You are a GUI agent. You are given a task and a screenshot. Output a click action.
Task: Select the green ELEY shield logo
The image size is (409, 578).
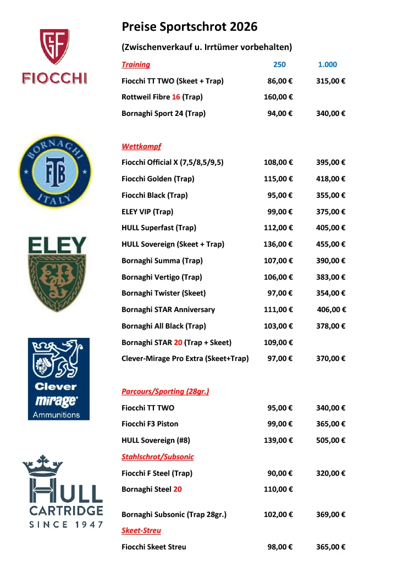[57, 274]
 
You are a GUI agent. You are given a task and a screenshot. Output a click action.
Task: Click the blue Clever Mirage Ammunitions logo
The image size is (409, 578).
[58, 379]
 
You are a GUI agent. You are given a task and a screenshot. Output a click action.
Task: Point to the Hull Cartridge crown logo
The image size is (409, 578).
[63, 491]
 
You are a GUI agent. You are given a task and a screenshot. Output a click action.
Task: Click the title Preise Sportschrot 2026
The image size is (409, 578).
[189, 26]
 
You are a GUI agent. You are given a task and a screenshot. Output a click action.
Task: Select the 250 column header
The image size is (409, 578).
[279, 65]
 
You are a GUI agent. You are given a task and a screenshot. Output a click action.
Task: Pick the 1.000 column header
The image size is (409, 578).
[327, 65]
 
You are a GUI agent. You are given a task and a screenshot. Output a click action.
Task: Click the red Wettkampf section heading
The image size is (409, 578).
[141, 147]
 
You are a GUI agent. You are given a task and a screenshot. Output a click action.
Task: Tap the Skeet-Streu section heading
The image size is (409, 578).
[141, 531]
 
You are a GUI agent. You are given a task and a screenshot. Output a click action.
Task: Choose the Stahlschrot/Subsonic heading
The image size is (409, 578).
[157, 457]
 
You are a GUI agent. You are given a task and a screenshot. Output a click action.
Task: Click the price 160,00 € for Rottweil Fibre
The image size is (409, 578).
[278, 97]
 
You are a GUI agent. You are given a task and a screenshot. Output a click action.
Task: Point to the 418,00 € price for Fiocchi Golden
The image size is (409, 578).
[330, 179]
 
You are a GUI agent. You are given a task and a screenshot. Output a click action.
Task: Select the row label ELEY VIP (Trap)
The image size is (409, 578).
[147, 212]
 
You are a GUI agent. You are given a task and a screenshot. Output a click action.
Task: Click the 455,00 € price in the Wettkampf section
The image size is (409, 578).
[330, 244]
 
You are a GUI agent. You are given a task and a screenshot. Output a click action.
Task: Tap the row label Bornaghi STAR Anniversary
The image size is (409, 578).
[168, 310]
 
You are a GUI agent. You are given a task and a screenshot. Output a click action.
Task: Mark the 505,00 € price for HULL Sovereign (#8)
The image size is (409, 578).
[330, 441]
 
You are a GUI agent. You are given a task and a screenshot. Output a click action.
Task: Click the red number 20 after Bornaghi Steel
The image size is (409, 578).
[178, 490]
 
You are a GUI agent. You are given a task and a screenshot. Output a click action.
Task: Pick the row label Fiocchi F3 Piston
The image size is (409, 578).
[150, 424]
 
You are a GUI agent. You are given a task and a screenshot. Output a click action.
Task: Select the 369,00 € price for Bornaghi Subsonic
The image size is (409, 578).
[330, 515]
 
